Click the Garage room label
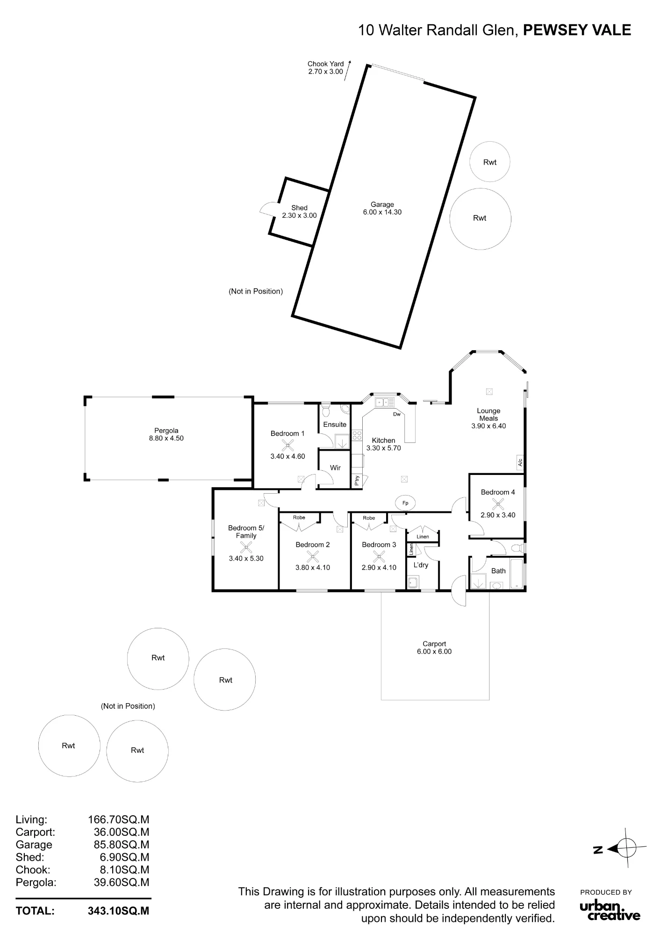(x=382, y=204)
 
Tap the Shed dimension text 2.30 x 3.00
(x=299, y=216)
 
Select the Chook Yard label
(x=325, y=64)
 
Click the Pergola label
(x=166, y=431)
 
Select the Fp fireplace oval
(x=405, y=503)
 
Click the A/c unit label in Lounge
(x=520, y=462)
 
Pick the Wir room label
(x=335, y=467)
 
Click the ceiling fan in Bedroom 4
(x=498, y=504)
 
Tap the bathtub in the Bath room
(x=517, y=574)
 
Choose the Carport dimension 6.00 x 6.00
(x=434, y=651)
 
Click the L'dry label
(x=421, y=565)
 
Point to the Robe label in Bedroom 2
(x=299, y=518)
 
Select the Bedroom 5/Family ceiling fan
(x=246, y=547)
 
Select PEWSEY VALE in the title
(x=577, y=30)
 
